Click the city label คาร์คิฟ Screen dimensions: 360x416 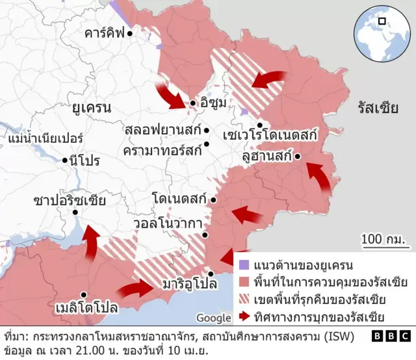click(x=104, y=33)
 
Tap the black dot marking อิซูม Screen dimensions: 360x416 click(x=193, y=103)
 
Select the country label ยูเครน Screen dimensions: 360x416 click(x=92, y=107)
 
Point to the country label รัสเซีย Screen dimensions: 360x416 click(x=378, y=108)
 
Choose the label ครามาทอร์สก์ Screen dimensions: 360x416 click(x=162, y=149)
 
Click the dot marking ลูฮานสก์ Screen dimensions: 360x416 click(x=297, y=157)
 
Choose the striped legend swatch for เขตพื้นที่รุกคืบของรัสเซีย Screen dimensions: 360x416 click(x=243, y=300)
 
